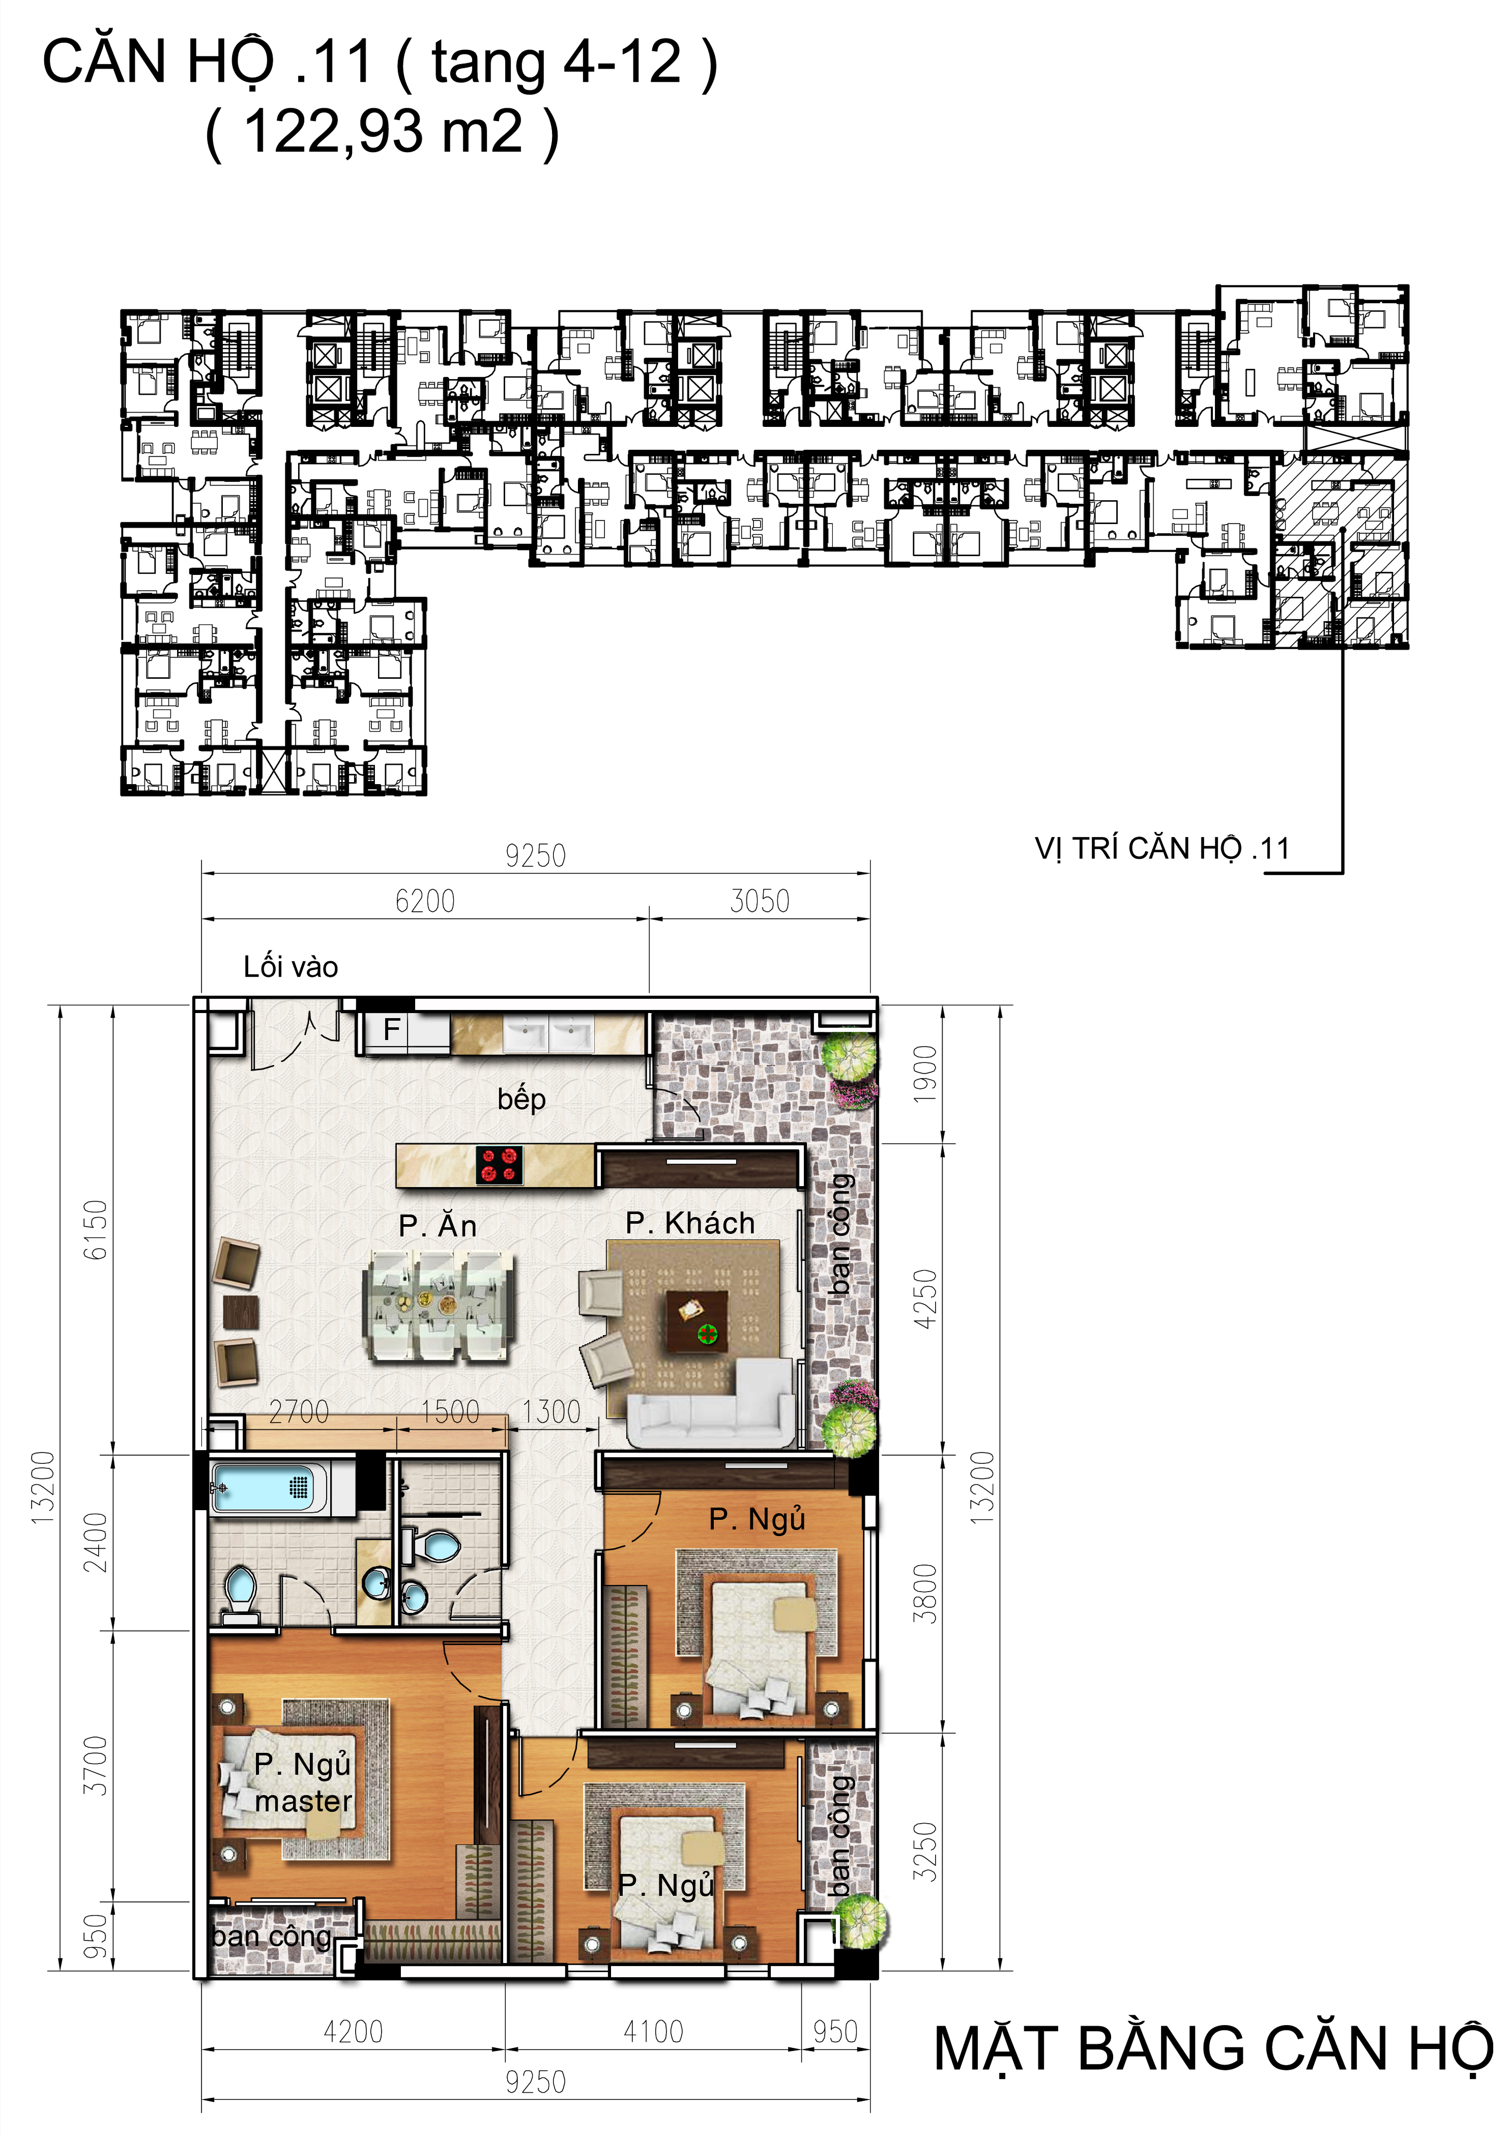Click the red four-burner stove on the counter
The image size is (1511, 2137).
tap(499, 1164)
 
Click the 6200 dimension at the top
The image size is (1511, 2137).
tap(425, 901)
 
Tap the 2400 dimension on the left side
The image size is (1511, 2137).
tap(95, 1542)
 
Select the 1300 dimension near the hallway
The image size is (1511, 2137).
tap(551, 1412)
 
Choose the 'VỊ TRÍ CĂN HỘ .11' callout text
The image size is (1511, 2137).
tap(1162, 849)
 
